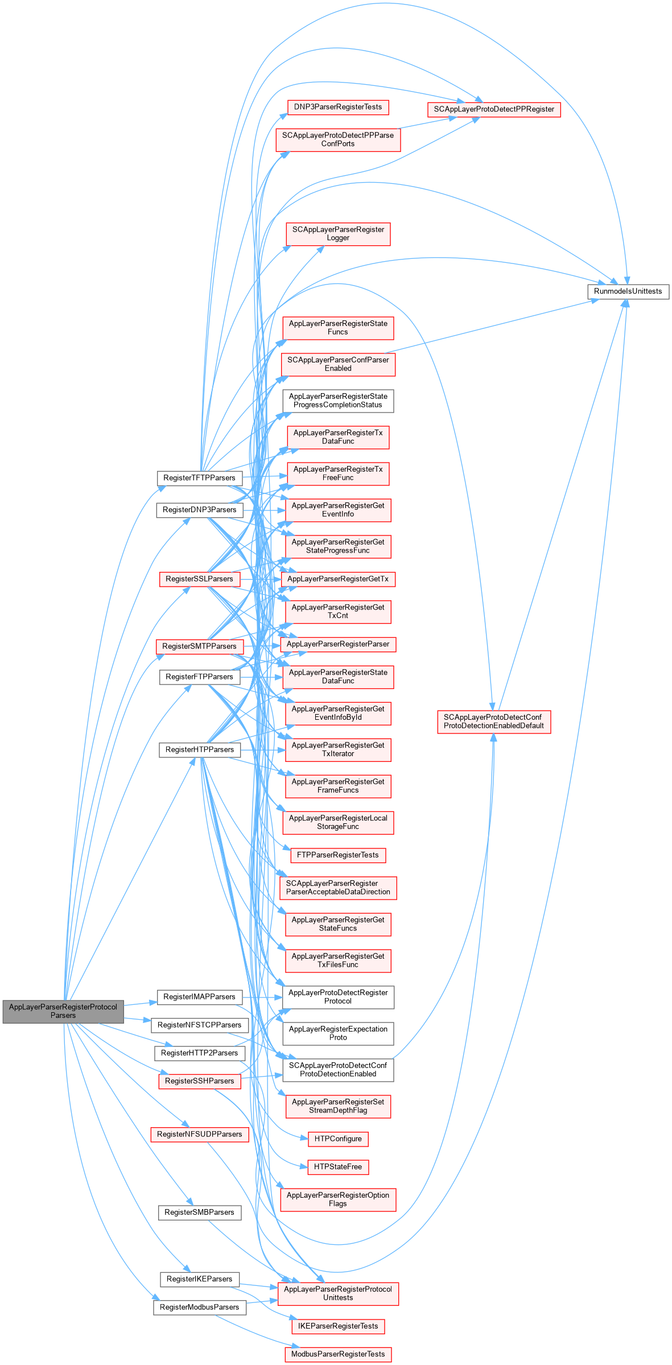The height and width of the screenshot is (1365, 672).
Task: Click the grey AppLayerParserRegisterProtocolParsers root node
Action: pos(63,1011)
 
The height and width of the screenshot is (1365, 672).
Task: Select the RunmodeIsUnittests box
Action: pos(628,291)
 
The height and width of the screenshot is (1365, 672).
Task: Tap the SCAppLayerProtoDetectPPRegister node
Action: pos(493,109)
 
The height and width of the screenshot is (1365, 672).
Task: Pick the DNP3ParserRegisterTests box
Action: pos(338,107)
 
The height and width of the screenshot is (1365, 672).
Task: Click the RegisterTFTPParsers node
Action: pos(199,478)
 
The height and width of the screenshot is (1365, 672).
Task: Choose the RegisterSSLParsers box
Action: pos(199,579)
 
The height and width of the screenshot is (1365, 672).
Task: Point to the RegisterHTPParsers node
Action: pos(199,750)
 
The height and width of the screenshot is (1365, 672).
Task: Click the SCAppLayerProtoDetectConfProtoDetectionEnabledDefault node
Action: pos(493,721)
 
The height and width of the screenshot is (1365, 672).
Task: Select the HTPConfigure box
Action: pos(338,1139)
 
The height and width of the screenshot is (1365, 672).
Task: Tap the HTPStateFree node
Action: pos(338,1166)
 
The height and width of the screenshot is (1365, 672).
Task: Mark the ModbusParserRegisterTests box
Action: pos(338,1354)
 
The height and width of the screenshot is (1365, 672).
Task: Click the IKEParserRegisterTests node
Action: pos(338,1326)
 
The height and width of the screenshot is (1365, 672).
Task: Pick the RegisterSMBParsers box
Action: pos(199,1213)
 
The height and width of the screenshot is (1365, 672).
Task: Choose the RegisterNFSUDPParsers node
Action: pos(199,1134)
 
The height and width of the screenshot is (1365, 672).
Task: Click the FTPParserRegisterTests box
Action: pos(338,855)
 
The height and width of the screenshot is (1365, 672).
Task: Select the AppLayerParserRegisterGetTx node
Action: pos(338,579)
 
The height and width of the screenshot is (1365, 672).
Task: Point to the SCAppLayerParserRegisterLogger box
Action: pos(338,234)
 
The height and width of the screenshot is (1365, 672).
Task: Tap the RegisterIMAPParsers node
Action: pos(199,997)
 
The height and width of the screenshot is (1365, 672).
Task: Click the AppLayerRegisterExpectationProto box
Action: pos(338,1033)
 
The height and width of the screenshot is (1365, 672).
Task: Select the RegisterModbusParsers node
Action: pos(199,1308)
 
